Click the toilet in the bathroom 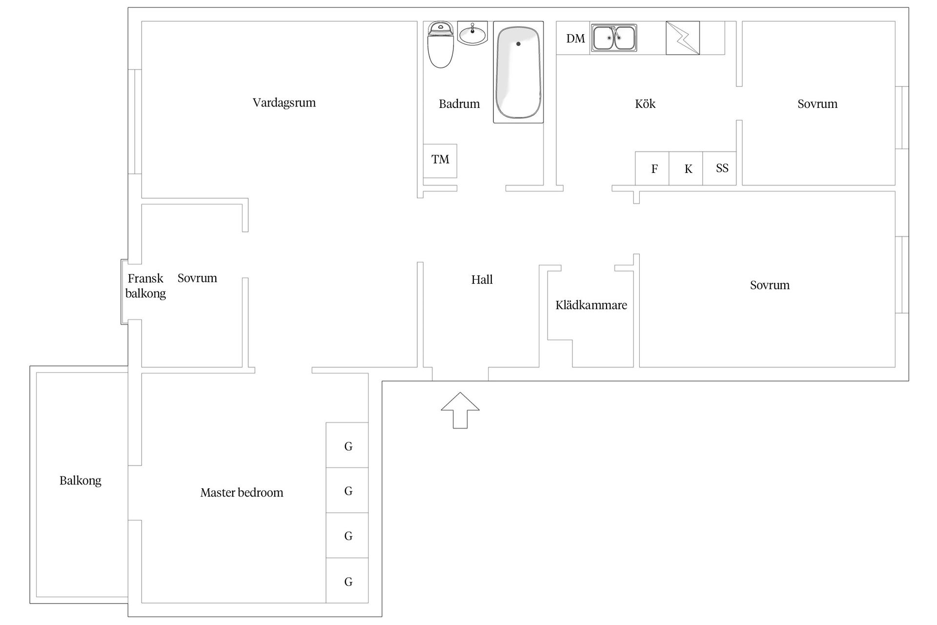tap(440, 44)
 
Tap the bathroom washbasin tap(472, 34)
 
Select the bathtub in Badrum tap(518, 72)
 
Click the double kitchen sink tap(614, 38)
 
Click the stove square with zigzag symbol tap(683, 38)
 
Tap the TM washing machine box tap(440, 161)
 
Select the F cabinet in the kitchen tap(652, 168)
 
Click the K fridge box tap(686, 168)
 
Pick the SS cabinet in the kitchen tap(719, 168)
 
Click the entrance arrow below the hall tap(460, 410)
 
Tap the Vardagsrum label tap(284, 103)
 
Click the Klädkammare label tap(591, 305)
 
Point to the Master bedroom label tap(242, 493)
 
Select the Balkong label tap(81, 481)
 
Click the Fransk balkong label tap(145, 286)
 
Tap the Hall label tap(482, 280)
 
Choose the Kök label tap(645, 104)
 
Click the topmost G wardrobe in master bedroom tap(347, 445)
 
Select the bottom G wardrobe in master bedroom tap(347, 581)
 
